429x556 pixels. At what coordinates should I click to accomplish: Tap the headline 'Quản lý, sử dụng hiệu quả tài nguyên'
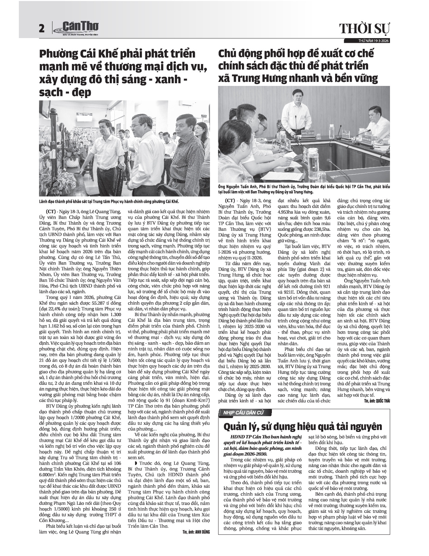coord(303,426)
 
